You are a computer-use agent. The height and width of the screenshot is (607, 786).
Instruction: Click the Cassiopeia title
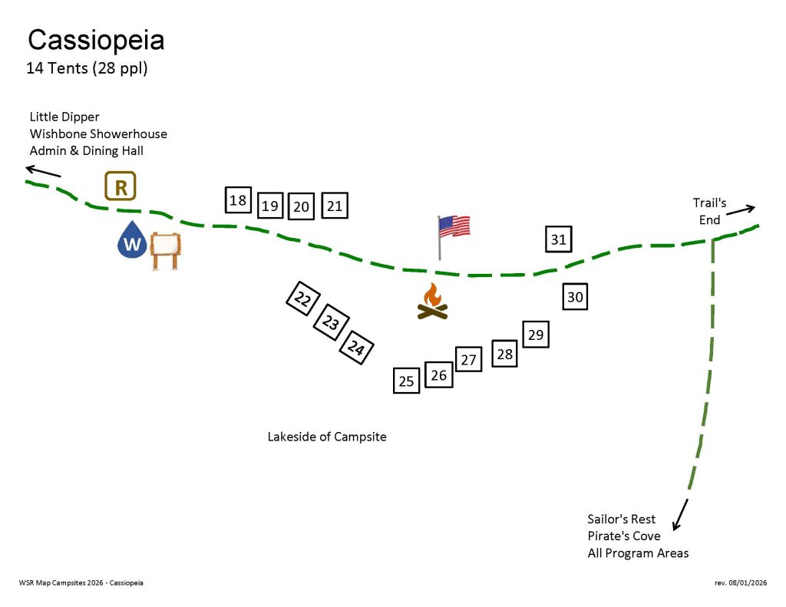tap(96, 40)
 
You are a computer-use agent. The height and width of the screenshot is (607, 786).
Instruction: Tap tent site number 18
tap(238, 200)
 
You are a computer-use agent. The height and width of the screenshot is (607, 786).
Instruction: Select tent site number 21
tap(335, 206)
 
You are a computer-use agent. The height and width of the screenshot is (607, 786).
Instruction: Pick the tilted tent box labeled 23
tap(331, 322)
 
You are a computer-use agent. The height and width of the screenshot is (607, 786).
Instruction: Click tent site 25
tap(407, 381)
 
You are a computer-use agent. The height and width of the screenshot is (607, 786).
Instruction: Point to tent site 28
tap(505, 353)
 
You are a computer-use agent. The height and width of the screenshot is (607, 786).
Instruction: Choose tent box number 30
tap(575, 297)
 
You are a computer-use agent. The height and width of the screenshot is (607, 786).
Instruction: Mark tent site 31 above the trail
tap(559, 239)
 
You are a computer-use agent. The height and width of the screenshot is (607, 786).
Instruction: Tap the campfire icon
tap(433, 302)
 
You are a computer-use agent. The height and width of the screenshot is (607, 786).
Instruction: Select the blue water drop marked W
tap(132, 239)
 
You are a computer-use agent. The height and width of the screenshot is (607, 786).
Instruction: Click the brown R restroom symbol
tap(121, 186)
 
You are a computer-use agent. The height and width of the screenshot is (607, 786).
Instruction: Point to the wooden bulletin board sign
tap(166, 251)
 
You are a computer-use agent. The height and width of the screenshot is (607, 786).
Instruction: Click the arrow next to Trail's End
tap(741, 210)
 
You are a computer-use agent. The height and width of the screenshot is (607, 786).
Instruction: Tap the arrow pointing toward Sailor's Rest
tap(680, 514)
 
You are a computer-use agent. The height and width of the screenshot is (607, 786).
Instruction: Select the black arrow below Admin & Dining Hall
tap(43, 171)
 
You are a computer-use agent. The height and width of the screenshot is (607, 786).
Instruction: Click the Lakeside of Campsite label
tap(327, 437)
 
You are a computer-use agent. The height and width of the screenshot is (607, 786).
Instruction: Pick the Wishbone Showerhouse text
tap(98, 134)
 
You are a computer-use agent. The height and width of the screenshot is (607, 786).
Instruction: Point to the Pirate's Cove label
tap(623, 536)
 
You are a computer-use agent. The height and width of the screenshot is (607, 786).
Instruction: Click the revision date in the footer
tap(741, 582)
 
